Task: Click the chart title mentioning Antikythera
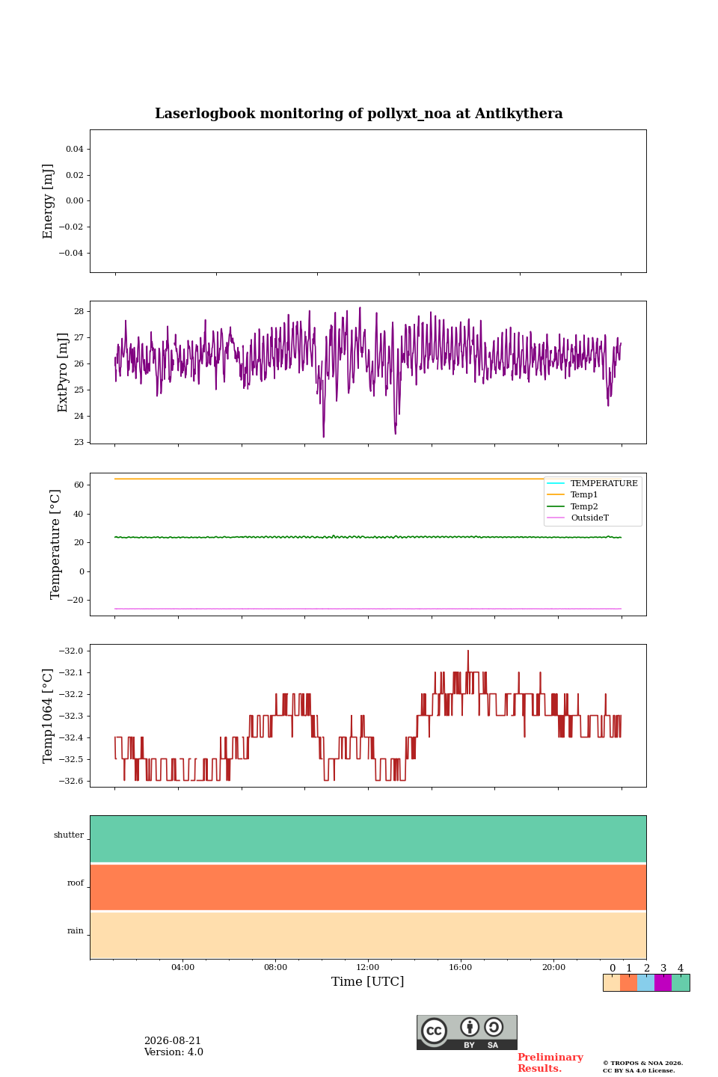[x=359, y=114]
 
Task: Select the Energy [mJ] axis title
[x=48, y=201]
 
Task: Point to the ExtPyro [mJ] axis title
[x=63, y=372]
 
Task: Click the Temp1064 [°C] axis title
[x=48, y=716]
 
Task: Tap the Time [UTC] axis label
[x=368, y=981]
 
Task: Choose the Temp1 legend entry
[x=584, y=495]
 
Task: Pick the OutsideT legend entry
[x=589, y=518]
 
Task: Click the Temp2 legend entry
[x=584, y=506]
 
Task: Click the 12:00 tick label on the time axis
[x=368, y=967]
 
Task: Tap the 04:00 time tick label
[x=182, y=967]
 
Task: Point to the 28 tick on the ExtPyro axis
[x=79, y=312]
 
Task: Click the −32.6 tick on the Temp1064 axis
[x=71, y=781]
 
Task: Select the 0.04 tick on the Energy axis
[x=75, y=149]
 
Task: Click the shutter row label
[x=69, y=835]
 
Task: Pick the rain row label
[x=76, y=931]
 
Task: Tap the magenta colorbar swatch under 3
[x=663, y=983]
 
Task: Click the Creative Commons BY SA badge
[x=467, y=1032]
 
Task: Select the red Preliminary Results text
[x=550, y=1063]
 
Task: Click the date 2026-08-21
[x=173, y=1041]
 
